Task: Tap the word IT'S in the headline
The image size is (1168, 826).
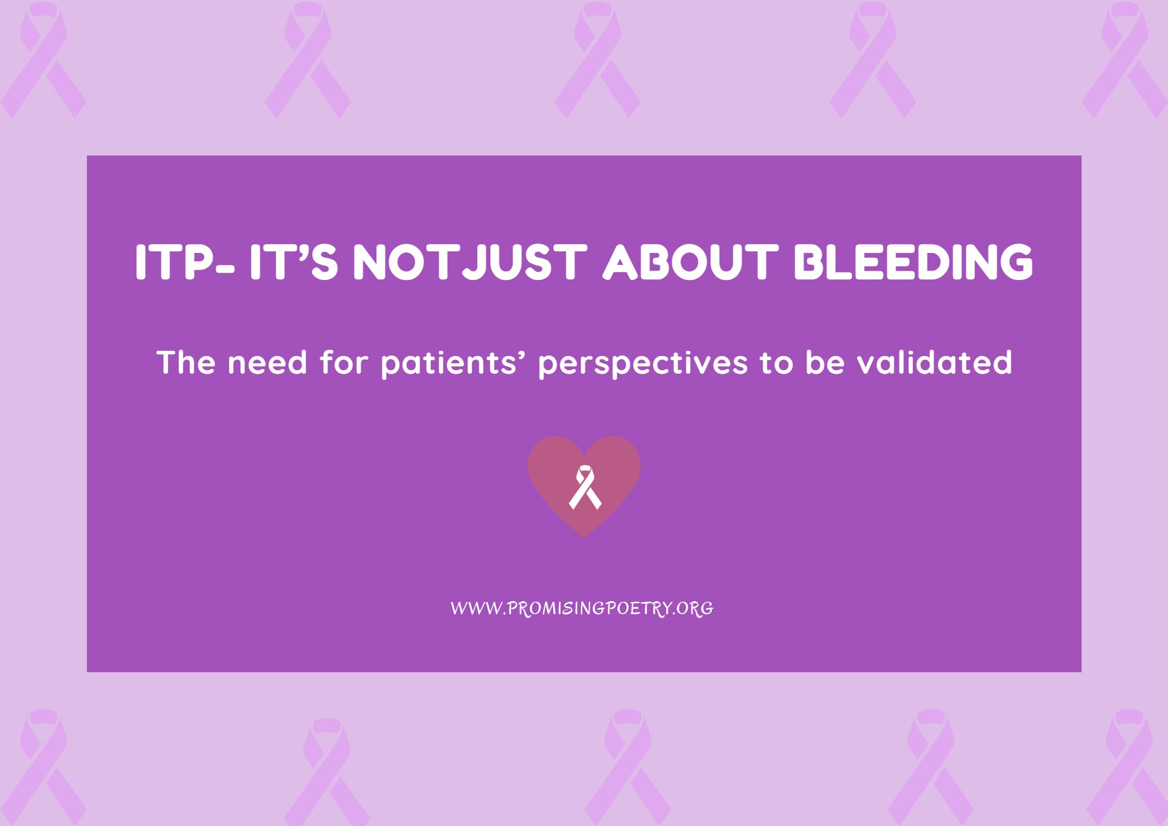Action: coord(293,262)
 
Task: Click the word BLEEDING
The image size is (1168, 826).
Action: coord(913,262)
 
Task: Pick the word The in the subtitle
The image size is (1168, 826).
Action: coord(186,362)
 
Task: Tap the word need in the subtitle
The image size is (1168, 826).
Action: coord(267,363)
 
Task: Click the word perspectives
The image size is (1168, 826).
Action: coord(642,363)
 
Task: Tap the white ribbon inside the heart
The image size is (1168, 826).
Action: coord(585,487)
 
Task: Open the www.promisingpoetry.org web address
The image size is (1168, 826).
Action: coord(582,608)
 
